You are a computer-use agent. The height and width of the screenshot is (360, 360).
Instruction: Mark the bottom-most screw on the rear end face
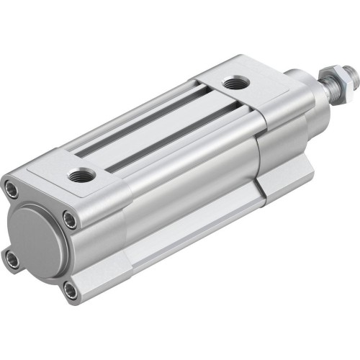69,291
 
